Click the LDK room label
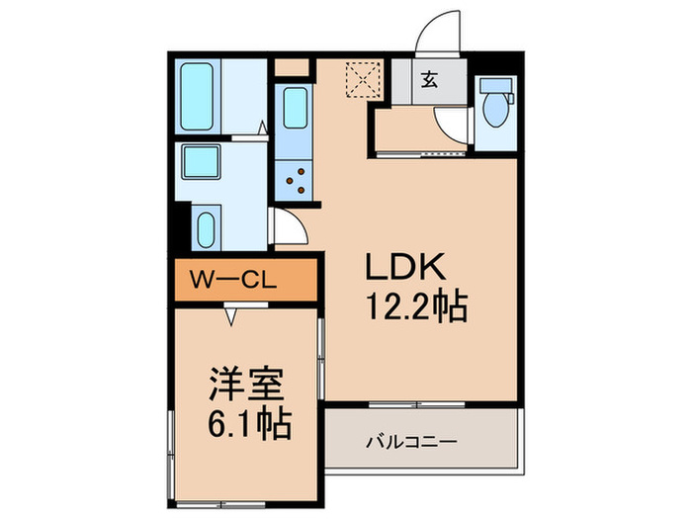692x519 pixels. pos(409,267)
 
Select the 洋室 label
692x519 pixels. pos(244,382)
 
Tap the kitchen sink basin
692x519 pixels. pos(295,109)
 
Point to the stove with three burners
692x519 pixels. pos(295,180)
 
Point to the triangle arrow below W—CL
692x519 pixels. pos(232,315)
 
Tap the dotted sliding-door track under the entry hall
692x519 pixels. pos(426,154)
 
